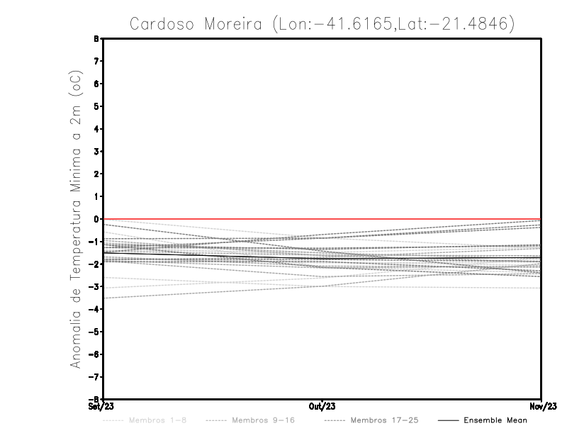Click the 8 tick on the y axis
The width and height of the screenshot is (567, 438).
click(96, 39)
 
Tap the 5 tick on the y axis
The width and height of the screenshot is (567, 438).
click(96, 106)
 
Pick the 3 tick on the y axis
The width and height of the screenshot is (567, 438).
click(96, 151)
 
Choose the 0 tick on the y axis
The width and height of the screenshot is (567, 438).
click(96, 219)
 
